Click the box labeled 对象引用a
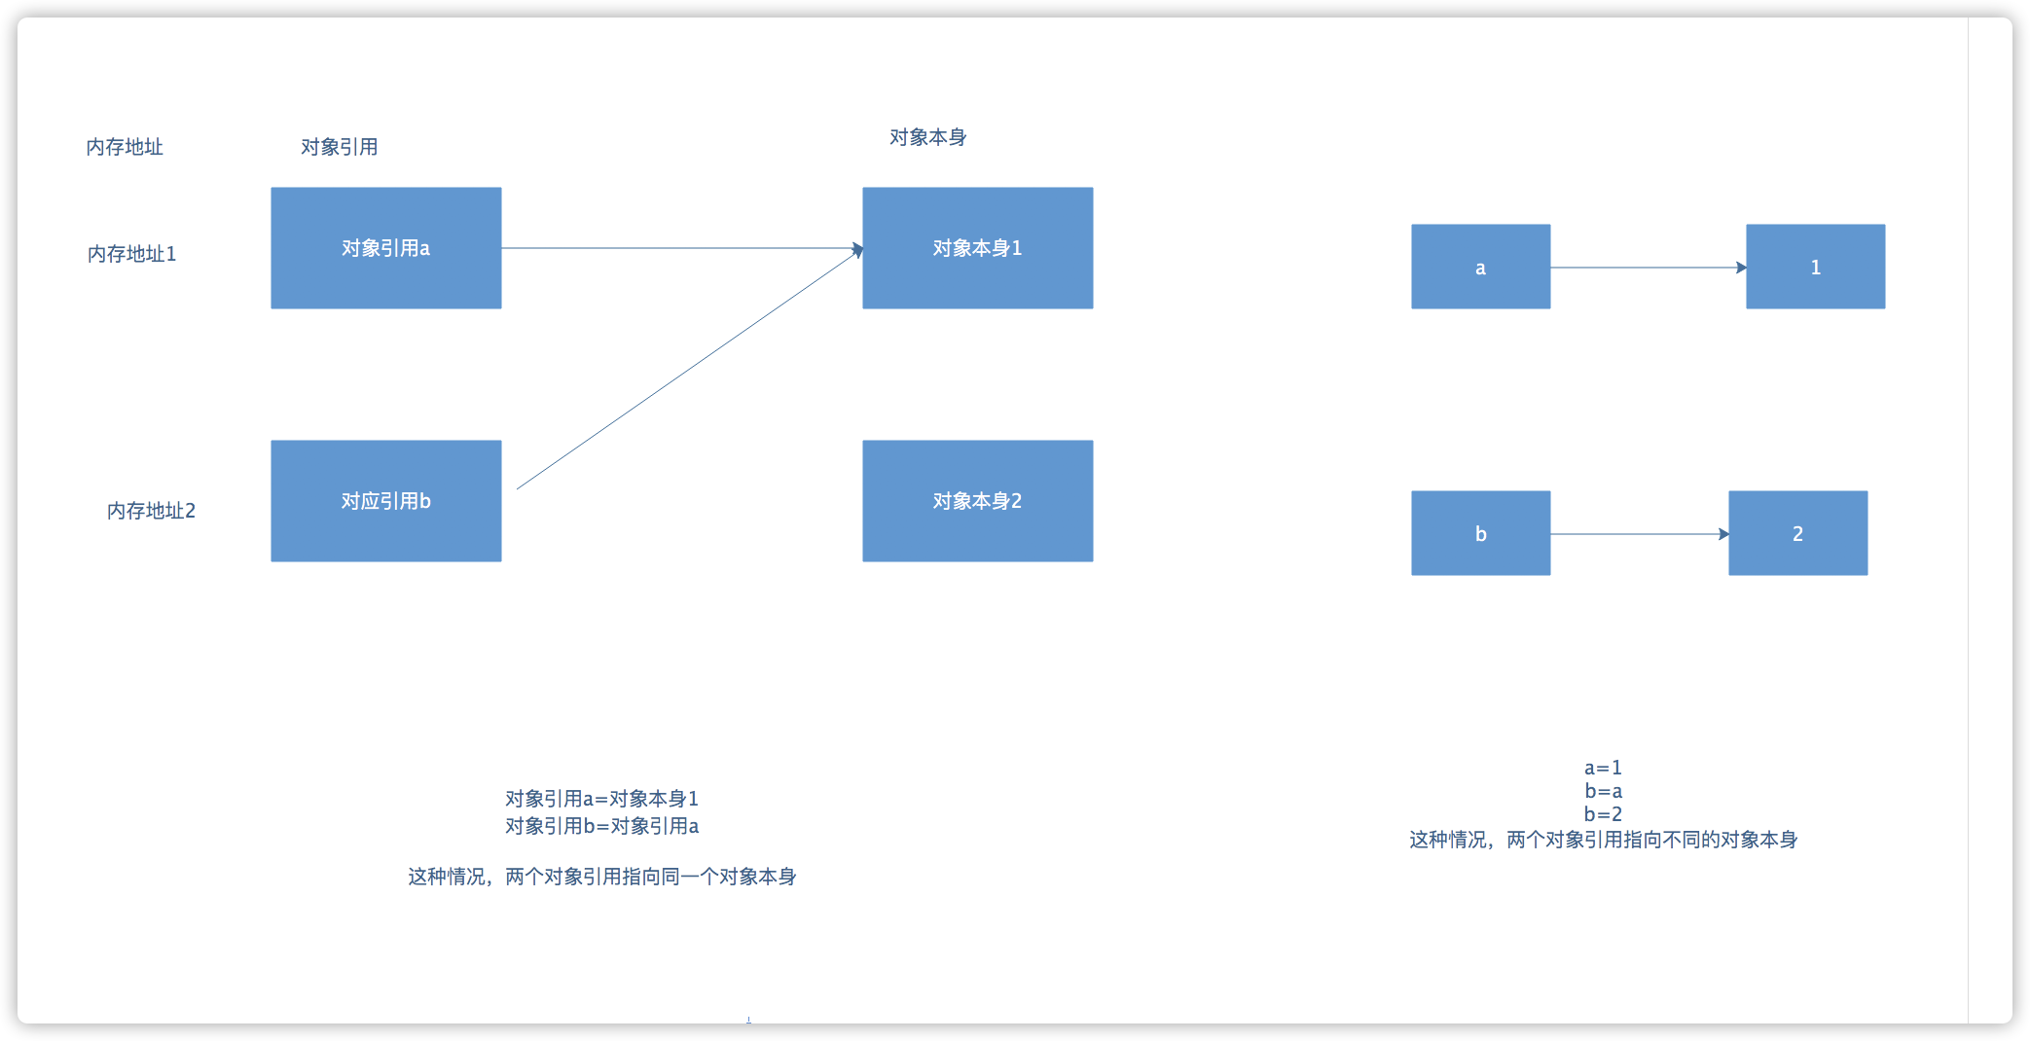point(385,248)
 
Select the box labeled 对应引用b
point(385,501)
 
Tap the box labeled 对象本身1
point(977,248)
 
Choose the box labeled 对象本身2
point(977,501)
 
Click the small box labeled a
point(1480,267)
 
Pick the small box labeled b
point(1480,533)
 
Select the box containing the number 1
point(1815,267)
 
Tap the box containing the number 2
point(1797,533)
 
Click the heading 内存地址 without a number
point(125,147)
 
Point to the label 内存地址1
point(131,254)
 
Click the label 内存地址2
point(151,511)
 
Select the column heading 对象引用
point(339,147)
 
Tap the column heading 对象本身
point(927,137)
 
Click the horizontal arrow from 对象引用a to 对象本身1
point(681,248)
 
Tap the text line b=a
point(1603,791)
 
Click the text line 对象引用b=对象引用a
point(601,826)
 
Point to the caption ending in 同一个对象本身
point(601,877)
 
